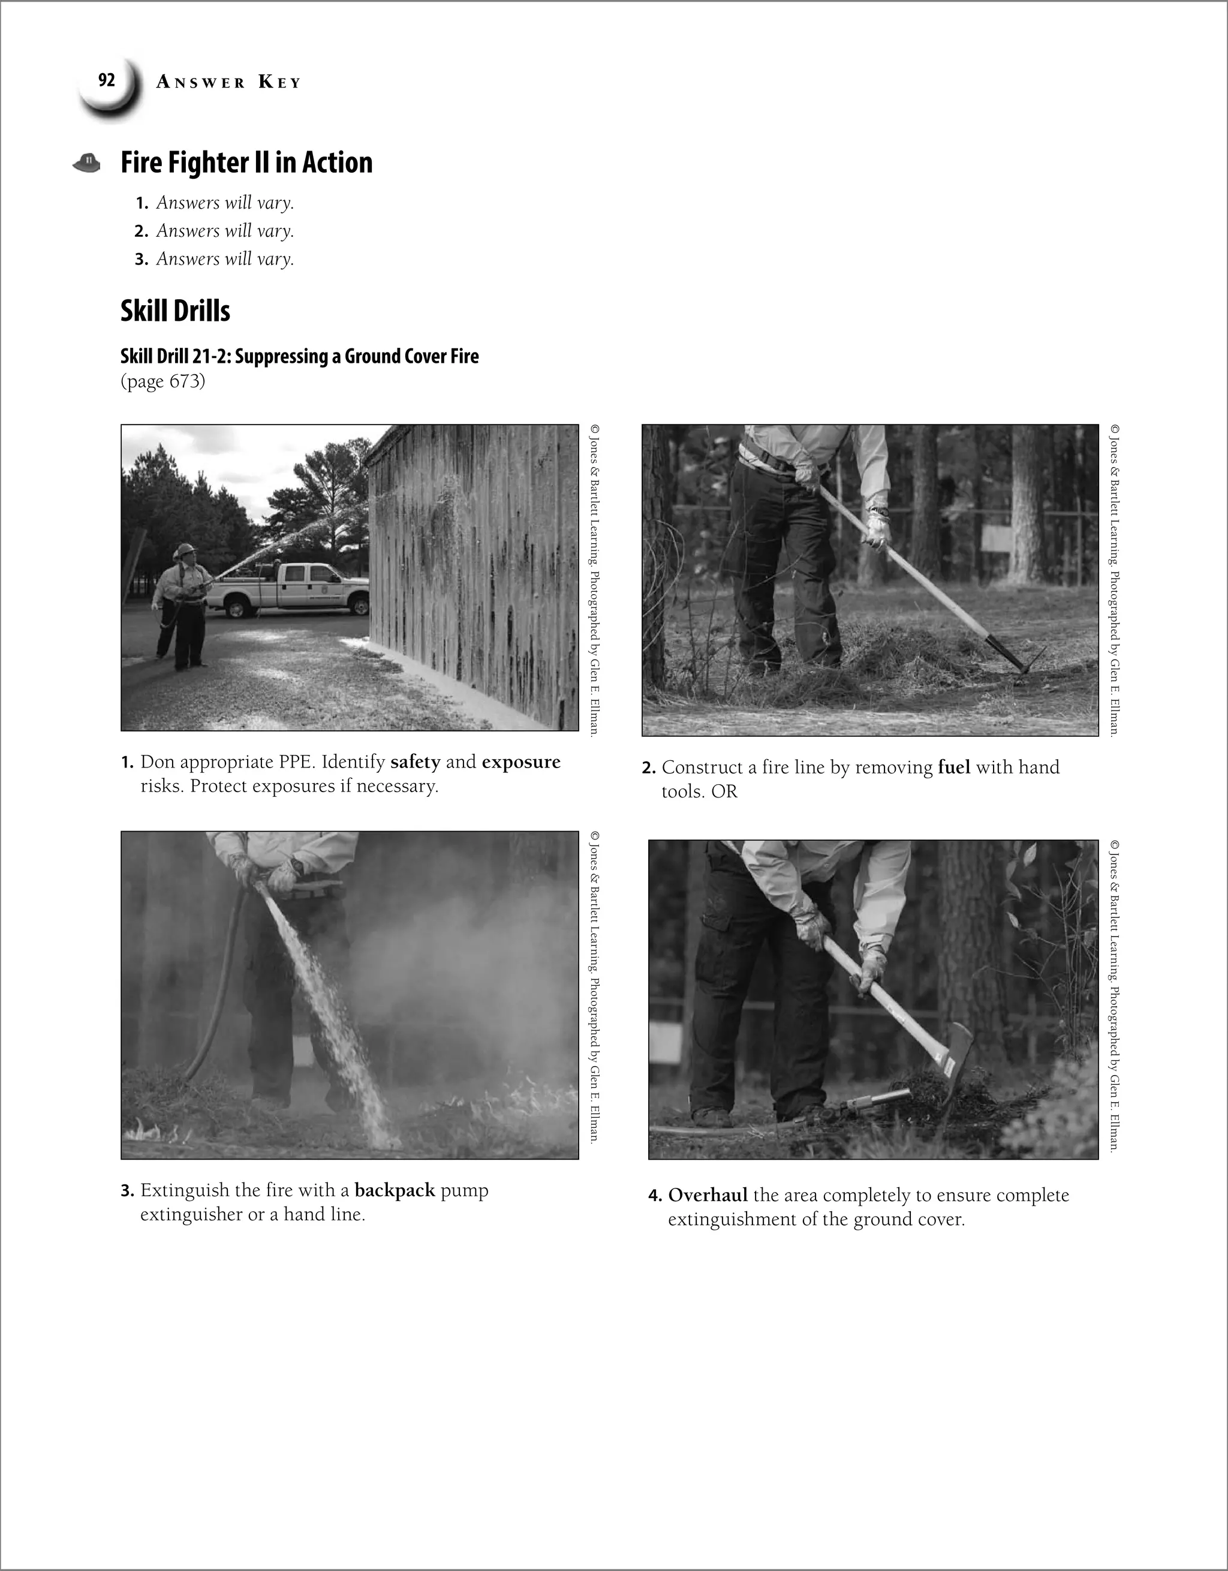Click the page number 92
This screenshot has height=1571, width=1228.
point(107,80)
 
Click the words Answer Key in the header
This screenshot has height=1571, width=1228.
point(228,83)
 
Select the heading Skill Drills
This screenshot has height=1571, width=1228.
point(175,311)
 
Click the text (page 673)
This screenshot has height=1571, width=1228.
point(162,381)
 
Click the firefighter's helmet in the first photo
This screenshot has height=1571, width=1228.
point(186,550)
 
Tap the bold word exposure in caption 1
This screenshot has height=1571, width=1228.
point(521,763)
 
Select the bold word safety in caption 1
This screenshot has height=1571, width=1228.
point(415,763)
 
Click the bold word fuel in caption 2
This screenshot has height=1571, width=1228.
point(954,768)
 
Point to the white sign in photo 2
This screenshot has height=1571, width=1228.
point(1000,537)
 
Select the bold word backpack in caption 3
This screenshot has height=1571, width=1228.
point(395,1190)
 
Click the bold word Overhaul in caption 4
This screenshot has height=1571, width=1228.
point(708,1196)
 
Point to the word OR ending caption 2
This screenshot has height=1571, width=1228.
point(724,792)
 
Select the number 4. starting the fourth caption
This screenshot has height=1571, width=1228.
point(655,1196)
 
